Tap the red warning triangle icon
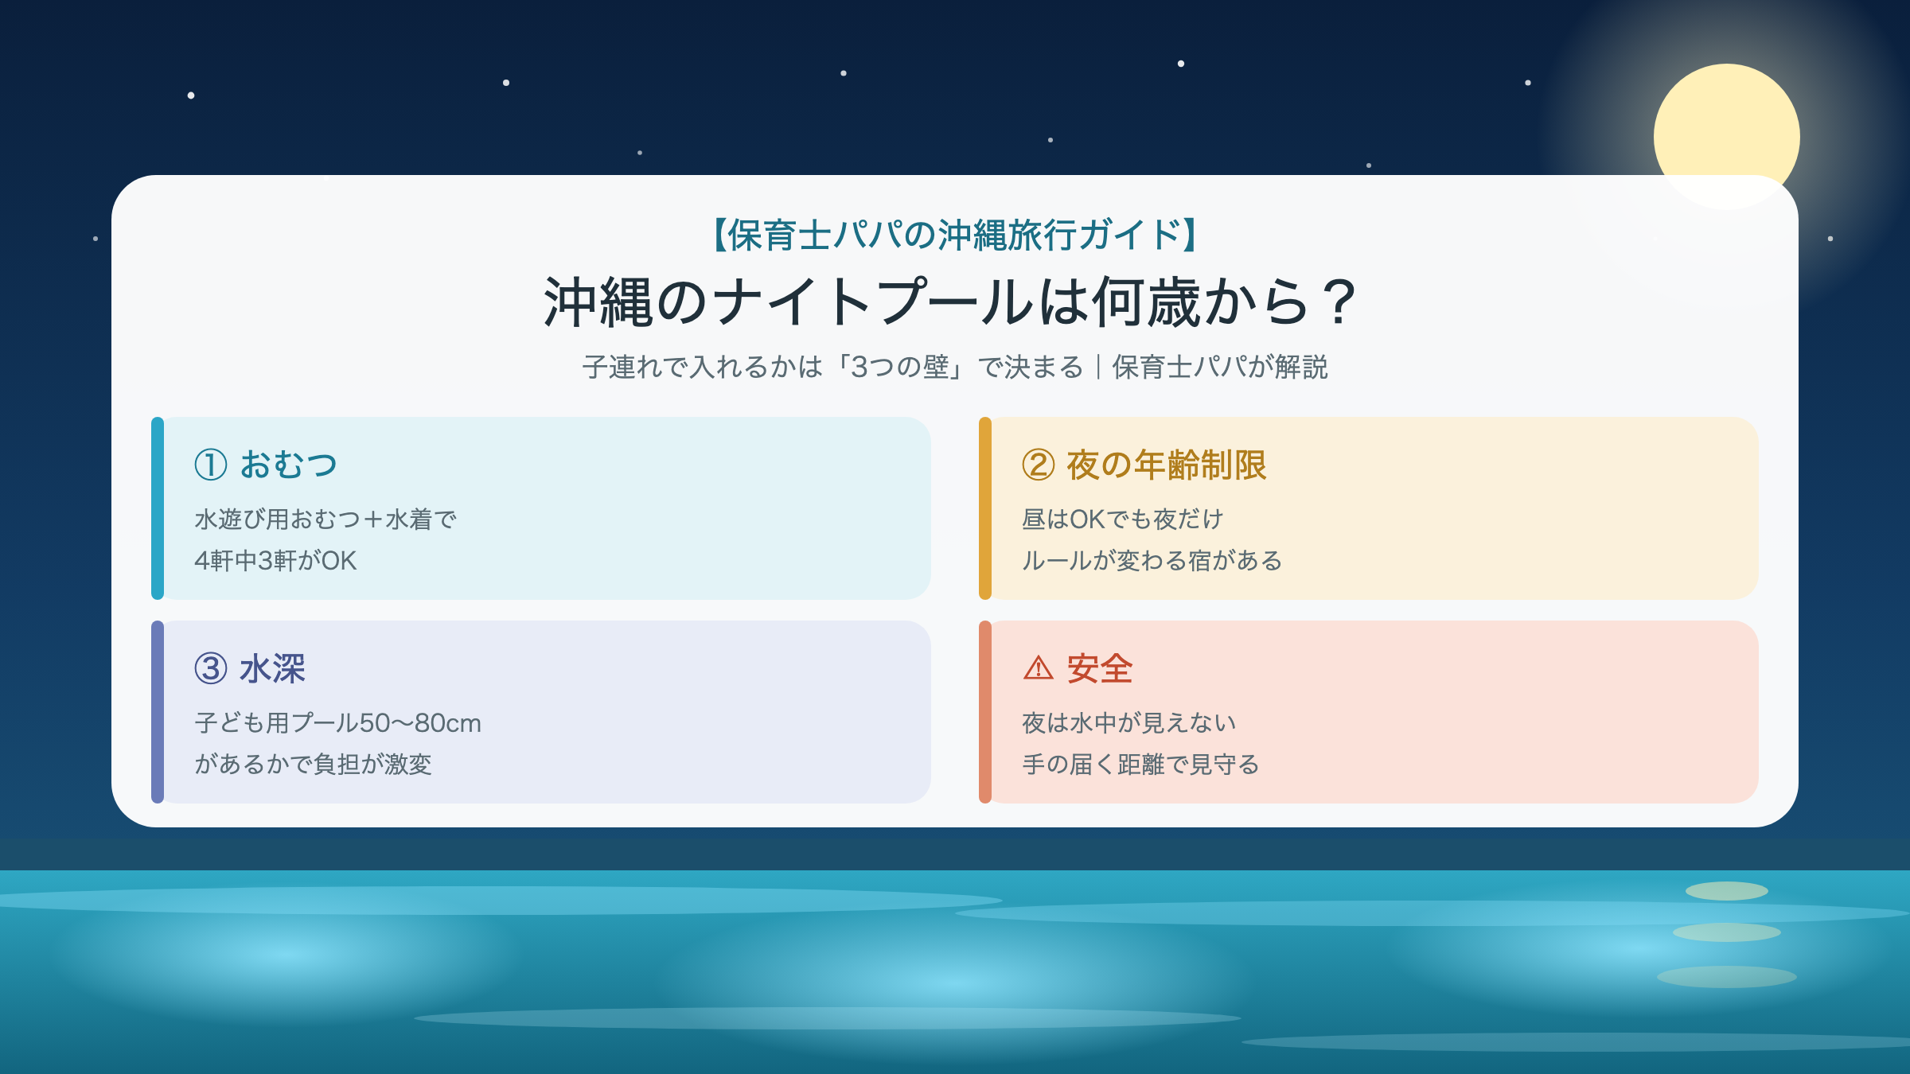point(1038,668)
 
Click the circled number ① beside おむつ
point(211,465)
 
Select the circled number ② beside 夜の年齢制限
point(1039,465)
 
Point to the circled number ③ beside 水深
point(211,668)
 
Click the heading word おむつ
point(289,465)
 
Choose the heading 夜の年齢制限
point(1167,465)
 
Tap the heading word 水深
point(273,668)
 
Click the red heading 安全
point(1100,668)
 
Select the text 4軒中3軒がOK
point(275,561)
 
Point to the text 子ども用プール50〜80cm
point(338,723)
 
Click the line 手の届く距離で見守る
point(1140,765)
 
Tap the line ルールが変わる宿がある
point(1152,561)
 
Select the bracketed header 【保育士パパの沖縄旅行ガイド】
point(955,235)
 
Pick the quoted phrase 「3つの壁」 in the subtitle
point(900,367)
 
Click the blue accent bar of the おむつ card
point(158,508)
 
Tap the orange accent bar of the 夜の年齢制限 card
point(985,508)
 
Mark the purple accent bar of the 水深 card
point(158,712)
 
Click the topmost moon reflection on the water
point(1727,891)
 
